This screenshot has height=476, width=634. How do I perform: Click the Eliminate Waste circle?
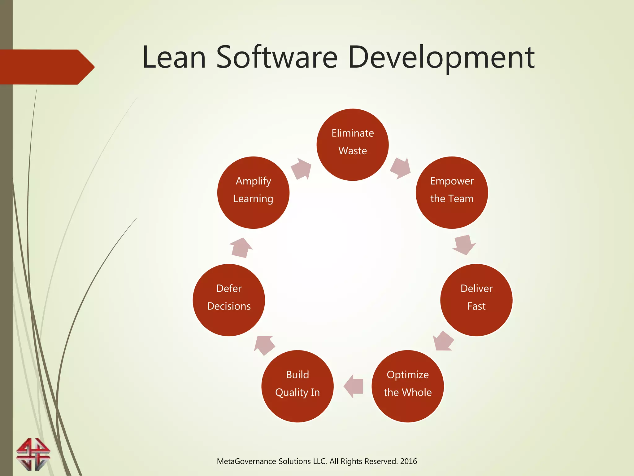pyautogui.click(x=353, y=145)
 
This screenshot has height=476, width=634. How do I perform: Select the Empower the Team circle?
pyautogui.click(x=452, y=192)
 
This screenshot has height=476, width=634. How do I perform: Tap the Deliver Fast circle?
pyautogui.click(x=476, y=300)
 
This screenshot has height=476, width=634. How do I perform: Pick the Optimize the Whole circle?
pyautogui.click(x=407, y=386)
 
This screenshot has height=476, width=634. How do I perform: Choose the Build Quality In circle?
pyautogui.click(x=297, y=386)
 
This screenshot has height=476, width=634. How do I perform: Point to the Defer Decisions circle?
pyautogui.click(x=229, y=300)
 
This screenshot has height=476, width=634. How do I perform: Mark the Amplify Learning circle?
pyautogui.click(x=253, y=192)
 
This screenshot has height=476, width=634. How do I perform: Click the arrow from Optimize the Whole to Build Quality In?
pyautogui.click(x=354, y=386)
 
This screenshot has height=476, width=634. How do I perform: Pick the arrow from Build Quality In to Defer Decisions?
pyautogui.click(x=264, y=345)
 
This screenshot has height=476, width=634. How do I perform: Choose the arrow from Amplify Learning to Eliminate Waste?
pyautogui.click(x=301, y=169)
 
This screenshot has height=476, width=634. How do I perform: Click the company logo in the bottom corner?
pyautogui.click(x=33, y=454)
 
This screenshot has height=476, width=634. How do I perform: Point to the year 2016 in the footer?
pyautogui.click(x=408, y=461)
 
